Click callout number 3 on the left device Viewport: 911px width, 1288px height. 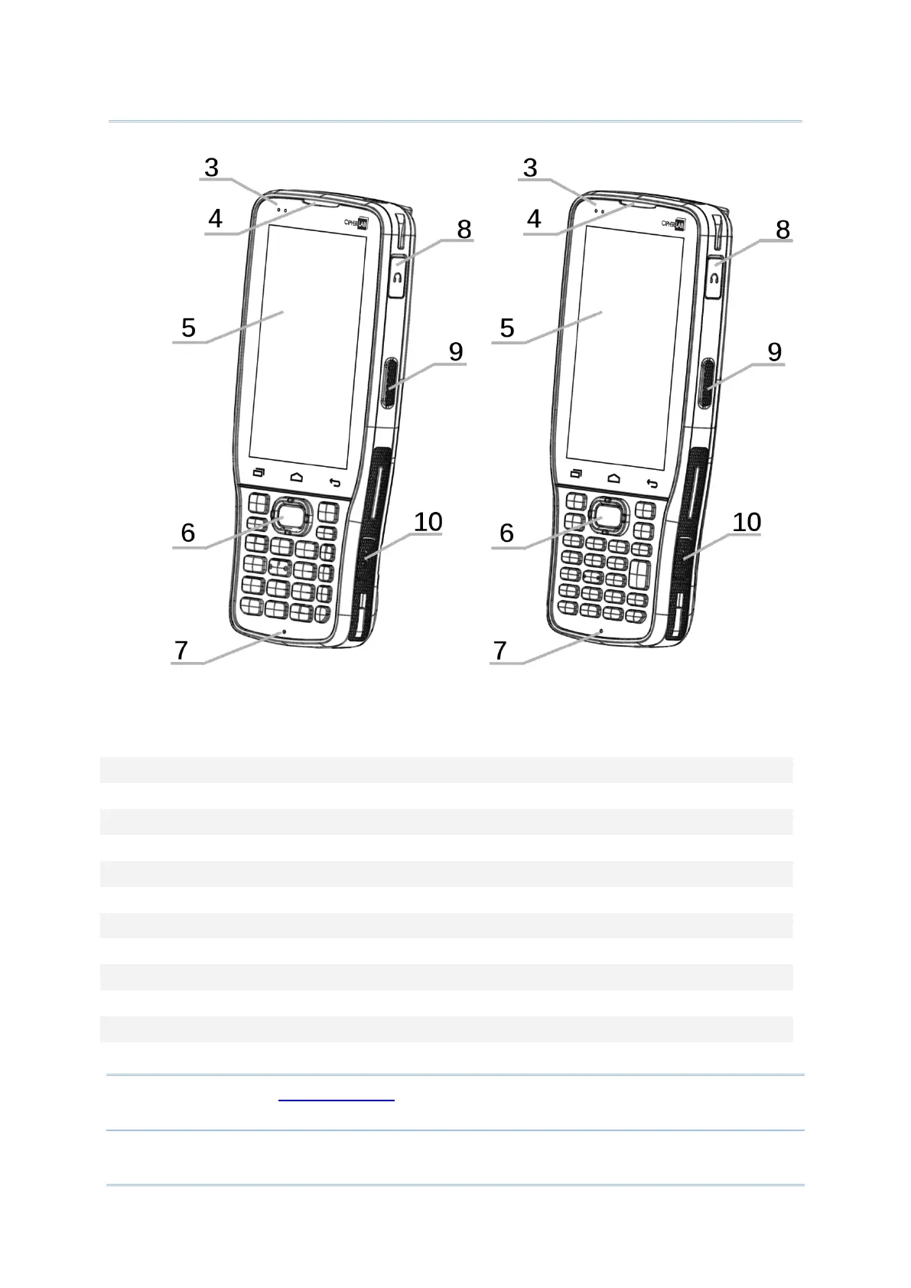coord(212,168)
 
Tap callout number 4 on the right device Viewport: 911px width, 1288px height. coord(534,220)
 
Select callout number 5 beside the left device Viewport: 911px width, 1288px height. coord(188,328)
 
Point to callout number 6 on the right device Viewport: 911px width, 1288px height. coord(506,533)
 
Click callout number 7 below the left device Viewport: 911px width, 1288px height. coord(181,651)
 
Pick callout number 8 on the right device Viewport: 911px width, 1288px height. coord(782,230)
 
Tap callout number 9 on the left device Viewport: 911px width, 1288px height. coord(456,352)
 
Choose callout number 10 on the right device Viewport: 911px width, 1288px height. coord(747,523)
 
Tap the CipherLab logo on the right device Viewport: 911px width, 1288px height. coord(672,223)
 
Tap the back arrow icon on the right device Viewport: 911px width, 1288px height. coord(652,483)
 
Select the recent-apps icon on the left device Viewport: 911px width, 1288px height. coord(259,473)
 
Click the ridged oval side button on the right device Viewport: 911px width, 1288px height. coord(704,383)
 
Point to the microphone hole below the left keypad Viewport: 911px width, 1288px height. coord(284,632)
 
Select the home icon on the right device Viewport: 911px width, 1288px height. coord(614,478)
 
